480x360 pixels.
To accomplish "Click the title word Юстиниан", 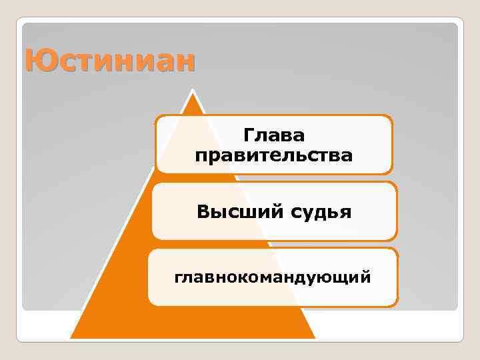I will click(111, 61).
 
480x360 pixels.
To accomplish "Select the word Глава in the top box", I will click(274, 135).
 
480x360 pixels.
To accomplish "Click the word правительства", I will click(274, 156).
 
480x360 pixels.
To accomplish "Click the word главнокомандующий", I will click(273, 276).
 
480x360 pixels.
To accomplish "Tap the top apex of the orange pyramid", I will click(193, 93).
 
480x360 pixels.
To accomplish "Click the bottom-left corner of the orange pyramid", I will click(71, 338).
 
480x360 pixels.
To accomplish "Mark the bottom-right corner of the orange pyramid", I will click(315, 338).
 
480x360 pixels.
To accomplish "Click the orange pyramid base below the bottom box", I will click(193, 323).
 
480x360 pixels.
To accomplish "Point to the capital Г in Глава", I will click(249, 135).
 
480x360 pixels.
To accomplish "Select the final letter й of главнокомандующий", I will click(367, 276).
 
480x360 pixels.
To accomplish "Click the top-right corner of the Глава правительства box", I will click(391, 117).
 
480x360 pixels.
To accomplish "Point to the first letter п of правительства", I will click(201, 157).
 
